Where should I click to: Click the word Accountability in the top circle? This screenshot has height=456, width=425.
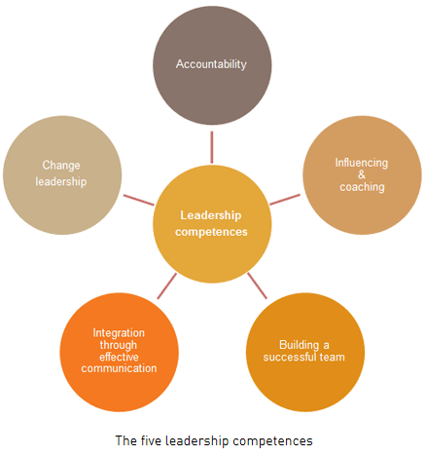(x=211, y=64)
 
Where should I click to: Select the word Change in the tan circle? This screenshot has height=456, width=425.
(x=61, y=166)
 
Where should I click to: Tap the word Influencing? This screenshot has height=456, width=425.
(x=362, y=163)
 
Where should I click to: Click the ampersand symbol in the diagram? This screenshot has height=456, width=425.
(x=362, y=174)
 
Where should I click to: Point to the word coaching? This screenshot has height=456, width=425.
(x=362, y=187)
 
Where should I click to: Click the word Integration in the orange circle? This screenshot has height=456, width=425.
(x=119, y=333)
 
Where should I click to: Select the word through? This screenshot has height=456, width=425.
(x=119, y=345)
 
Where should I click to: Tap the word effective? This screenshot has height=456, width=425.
(x=119, y=357)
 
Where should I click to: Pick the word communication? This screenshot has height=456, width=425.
(x=119, y=368)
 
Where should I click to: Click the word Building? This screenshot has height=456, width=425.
(x=299, y=345)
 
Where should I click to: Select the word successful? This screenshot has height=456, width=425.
(x=290, y=357)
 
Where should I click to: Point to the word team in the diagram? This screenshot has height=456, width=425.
(x=333, y=357)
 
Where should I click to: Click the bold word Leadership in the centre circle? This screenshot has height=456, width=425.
(x=211, y=215)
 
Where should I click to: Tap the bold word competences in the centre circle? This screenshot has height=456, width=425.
(x=211, y=232)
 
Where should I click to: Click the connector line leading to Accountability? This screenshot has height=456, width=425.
(x=212, y=147)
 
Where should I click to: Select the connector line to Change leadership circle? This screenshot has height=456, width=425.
(x=139, y=200)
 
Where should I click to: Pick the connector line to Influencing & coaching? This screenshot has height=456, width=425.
(x=285, y=200)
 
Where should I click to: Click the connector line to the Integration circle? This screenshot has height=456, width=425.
(x=167, y=285)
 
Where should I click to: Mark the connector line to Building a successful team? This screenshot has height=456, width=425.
(x=258, y=285)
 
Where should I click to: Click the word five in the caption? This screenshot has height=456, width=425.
(x=151, y=440)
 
